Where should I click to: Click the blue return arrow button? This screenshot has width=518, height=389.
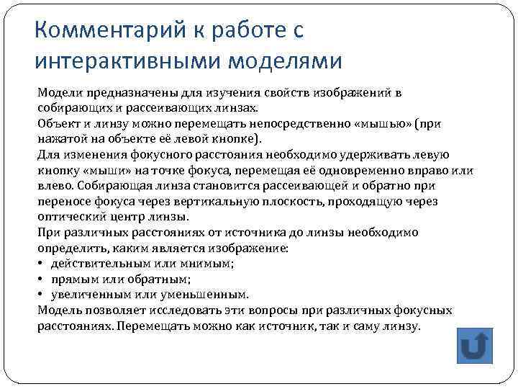coord(474,346)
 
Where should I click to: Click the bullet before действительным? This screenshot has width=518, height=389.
coord(41,263)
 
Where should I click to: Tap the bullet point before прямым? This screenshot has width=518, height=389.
coord(41,279)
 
